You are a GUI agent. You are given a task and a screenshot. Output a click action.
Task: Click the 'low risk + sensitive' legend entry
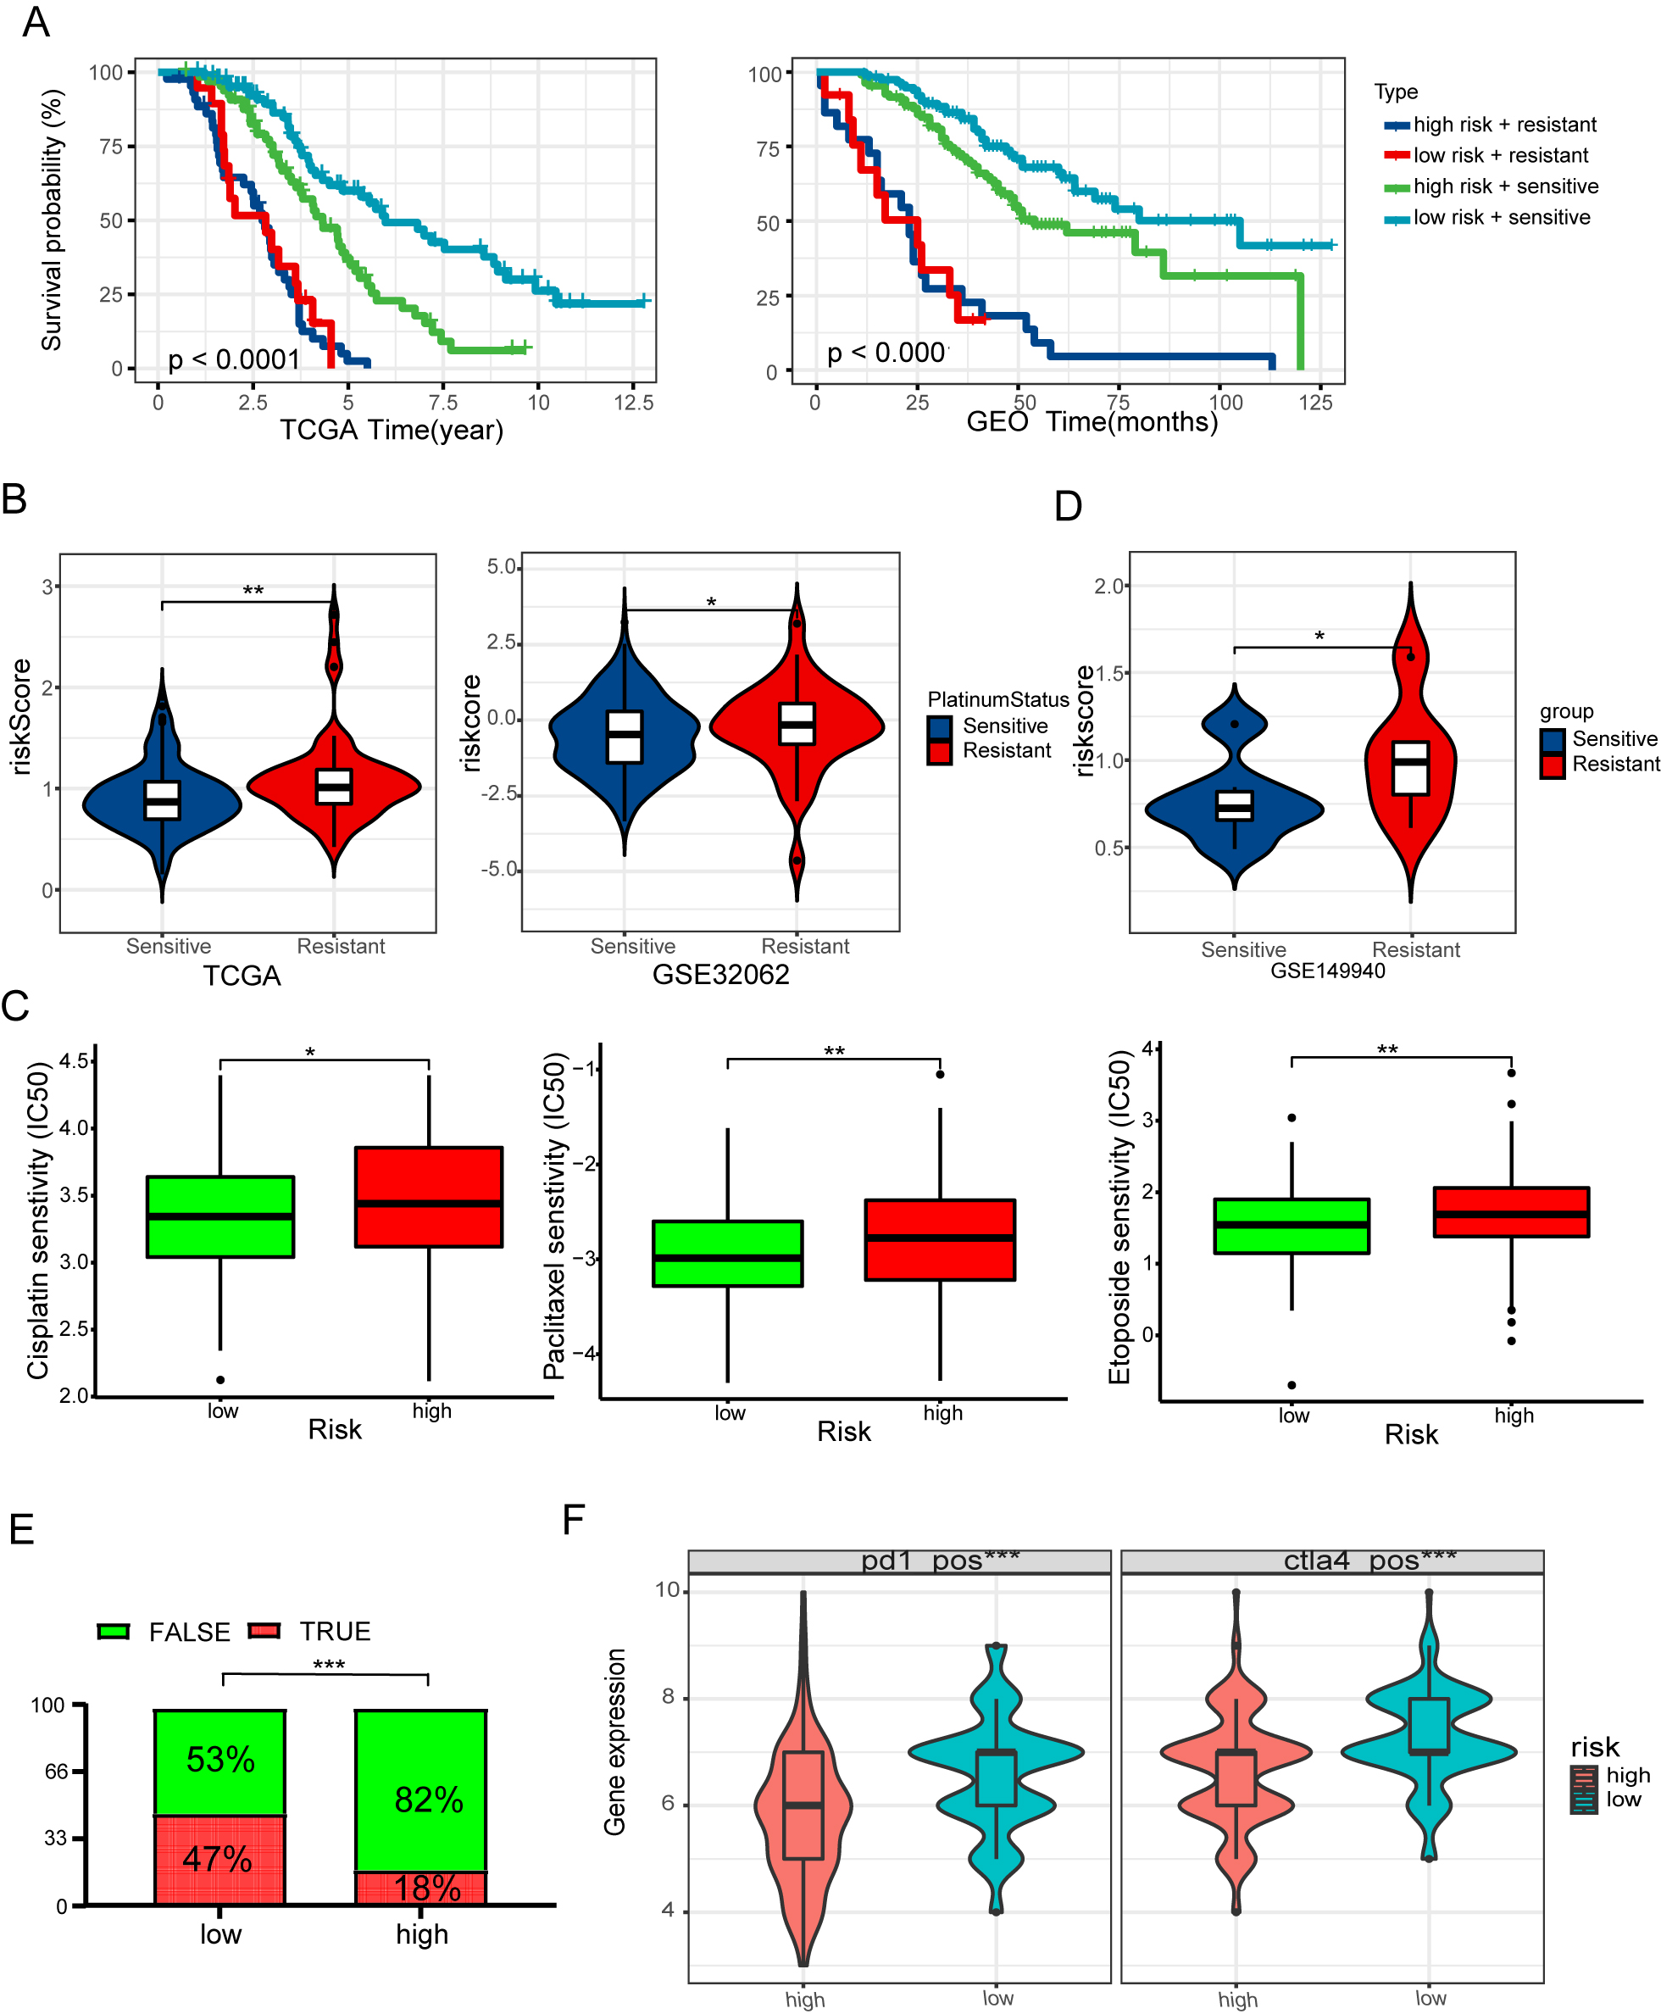point(1500,218)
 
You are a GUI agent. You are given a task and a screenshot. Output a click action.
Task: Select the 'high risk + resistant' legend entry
point(1504,125)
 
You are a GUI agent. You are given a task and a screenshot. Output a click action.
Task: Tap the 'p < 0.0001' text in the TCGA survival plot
point(235,359)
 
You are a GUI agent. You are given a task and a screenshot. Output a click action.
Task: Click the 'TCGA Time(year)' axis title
point(392,430)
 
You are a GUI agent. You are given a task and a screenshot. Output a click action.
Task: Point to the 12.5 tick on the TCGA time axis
point(633,403)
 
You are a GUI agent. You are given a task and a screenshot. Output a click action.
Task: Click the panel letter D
point(1068,506)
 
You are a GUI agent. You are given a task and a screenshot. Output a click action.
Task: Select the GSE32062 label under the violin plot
point(720,974)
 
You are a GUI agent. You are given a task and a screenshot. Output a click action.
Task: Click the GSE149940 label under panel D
point(1327,971)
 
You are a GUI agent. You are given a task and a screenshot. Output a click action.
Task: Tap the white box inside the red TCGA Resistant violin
point(334,786)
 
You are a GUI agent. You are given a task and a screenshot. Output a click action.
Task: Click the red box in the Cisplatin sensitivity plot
point(429,1196)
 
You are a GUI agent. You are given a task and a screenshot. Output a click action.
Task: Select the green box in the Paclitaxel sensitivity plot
point(727,1254)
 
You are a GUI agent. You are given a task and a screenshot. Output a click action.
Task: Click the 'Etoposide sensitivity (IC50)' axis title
point(1119,1217)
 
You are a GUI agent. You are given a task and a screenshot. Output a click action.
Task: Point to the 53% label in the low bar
point(220,1760)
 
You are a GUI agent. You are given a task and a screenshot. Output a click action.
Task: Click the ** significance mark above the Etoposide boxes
point(1386,1050)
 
